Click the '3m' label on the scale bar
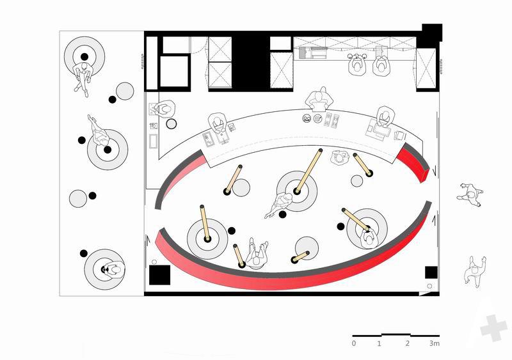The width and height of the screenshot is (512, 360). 435,343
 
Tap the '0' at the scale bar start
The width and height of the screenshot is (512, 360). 354,343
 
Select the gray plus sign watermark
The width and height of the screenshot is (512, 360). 494,328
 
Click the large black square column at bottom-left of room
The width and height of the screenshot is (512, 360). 159,275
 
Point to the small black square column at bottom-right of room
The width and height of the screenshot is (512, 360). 431,272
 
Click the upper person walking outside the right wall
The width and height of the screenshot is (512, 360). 470,195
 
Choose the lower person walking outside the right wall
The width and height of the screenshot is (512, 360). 475,272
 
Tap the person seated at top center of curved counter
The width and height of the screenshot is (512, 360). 319,99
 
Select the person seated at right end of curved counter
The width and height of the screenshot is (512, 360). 385,116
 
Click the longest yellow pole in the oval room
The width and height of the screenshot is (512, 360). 308,171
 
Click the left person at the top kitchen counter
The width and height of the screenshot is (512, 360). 356,65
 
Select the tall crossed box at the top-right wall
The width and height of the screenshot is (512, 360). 426,68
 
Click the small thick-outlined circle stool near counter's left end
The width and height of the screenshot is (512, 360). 172,123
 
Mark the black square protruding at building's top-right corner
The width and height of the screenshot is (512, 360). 432,33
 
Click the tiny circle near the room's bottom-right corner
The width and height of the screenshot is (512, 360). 429,286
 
